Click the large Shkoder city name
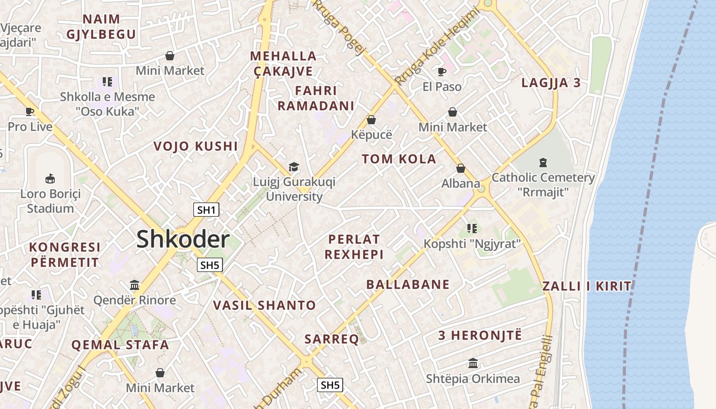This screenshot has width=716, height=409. click(x=183, y=240)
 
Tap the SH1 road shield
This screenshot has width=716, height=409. click(x=207, y=210)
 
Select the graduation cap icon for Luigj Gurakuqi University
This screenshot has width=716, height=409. click(x=294, y=167)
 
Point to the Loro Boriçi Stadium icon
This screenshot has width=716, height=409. click(x=50, y=178)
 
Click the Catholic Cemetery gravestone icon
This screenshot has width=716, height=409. click(x=543, y=163)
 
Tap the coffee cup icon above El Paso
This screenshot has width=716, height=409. click(x=442, y=72)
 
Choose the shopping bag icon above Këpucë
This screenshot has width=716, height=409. click(x=371, y=120)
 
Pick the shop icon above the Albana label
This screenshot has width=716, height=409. click(x=461, y=168)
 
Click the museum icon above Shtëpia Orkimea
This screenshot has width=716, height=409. click(x=473, y=363)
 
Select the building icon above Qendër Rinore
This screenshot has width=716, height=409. click(x=135, y=284)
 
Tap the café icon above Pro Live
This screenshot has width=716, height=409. click(x=30, y=111)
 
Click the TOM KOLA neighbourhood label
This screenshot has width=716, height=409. click(x=399, y=159)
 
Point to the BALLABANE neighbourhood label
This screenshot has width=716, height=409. click(x=408, y=285)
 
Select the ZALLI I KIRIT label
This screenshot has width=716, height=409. click(x=587, y=286)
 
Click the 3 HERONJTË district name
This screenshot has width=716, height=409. click(x=480, y=336)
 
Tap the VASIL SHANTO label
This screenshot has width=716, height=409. click(x=264, y=306)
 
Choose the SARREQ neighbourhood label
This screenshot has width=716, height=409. click(x=331, y=339)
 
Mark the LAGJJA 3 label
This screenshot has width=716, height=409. click(x=551, y=83)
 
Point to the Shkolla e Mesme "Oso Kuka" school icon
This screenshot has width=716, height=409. click(x=107, y=81)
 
